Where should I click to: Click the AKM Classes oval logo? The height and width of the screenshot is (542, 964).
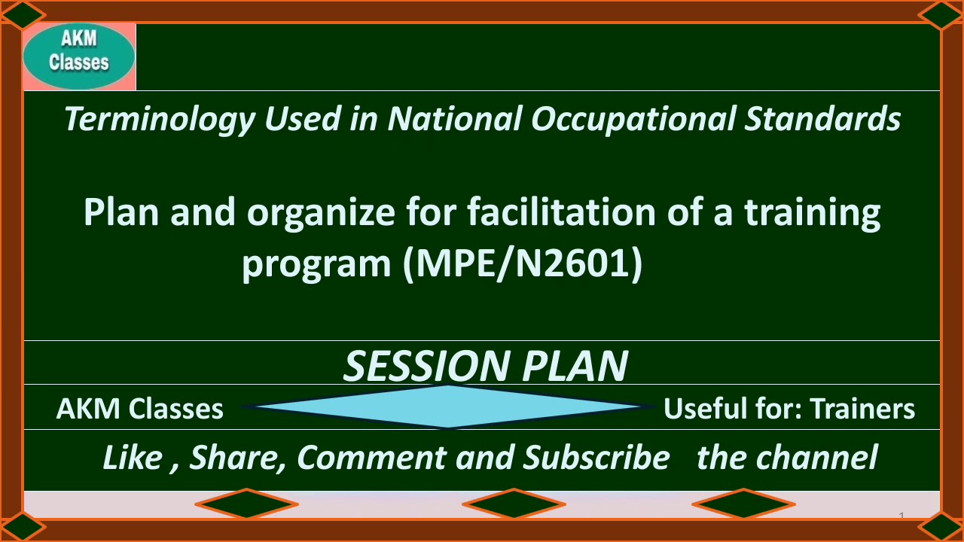point(79,56)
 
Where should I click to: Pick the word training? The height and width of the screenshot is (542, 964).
point(813,213)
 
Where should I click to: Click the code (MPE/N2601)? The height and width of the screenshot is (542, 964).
point(523,264)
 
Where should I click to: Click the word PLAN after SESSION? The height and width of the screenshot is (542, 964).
point(575,366)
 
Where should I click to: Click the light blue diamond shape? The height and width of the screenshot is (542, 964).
point(448,406)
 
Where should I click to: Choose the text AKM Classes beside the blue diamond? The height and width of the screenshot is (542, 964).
point(140,409)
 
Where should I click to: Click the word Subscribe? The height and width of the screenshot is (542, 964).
point(596,458)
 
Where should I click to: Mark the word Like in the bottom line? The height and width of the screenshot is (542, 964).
point(131,458)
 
